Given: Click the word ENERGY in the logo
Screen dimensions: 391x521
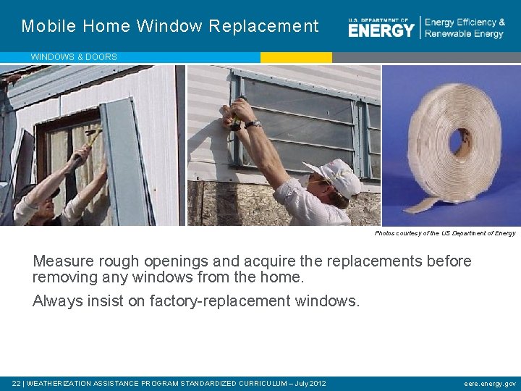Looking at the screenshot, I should [381, 30].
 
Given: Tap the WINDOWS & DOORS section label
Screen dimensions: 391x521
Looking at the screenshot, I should [73, 56].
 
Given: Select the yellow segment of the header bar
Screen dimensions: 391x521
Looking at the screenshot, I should [296, 56].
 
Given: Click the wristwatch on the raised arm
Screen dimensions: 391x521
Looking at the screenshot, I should [252, 124].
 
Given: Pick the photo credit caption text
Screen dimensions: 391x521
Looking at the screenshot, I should [445, 233].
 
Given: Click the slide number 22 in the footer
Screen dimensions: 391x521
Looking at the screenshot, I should [16, 383].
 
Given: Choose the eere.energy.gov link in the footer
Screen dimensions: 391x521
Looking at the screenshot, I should [490, 383].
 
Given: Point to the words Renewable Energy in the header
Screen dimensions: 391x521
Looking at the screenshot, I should [465, 34].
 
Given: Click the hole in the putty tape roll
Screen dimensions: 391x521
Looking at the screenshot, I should [457, 140].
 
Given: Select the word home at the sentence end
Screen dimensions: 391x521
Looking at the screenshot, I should [283, 277].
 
